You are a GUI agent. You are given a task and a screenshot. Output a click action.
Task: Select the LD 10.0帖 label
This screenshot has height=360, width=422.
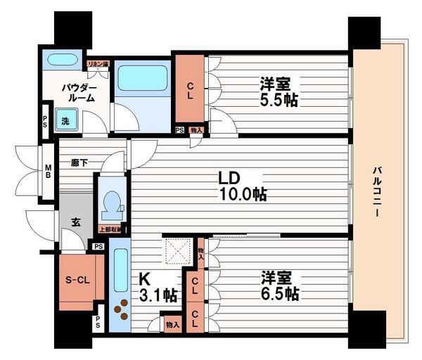tap(241, 185)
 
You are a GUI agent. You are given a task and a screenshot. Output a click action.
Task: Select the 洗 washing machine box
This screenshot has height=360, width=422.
tap(65, 120)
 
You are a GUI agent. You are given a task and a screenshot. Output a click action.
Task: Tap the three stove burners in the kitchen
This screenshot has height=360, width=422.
tap(121, 308)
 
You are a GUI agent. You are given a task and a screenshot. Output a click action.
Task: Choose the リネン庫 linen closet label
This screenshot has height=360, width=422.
tap(98, 65)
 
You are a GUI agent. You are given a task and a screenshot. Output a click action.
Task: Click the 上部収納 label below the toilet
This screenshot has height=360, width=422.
tap(110, 229)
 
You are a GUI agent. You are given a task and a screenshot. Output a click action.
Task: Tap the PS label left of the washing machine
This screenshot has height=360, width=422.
tap(45, 120)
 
